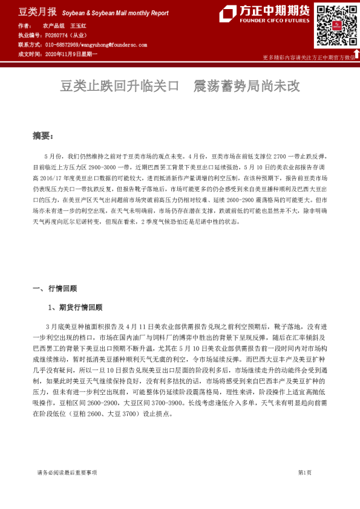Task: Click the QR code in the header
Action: (x=334, y=26)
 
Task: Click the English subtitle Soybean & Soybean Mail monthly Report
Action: (x=115, y=12)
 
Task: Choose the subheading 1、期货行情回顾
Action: (x=76, y=307)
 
